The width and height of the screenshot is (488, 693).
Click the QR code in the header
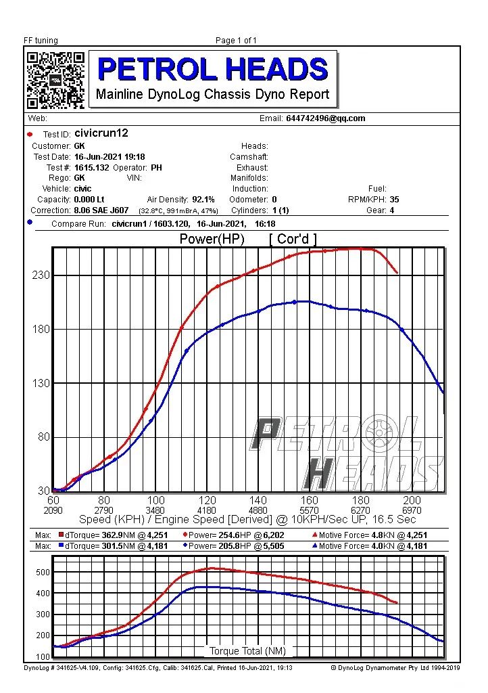tap(55, 80)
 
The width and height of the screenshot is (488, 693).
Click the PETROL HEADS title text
tap(213, 69)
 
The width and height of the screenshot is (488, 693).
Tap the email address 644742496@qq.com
tap(325, 118)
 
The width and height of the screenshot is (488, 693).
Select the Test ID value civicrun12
tap(101, 133)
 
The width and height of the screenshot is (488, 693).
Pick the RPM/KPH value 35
tap(395, 200)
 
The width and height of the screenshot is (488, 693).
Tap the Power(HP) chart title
tap(212, 239)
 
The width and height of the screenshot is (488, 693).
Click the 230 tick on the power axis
tap(41, 275)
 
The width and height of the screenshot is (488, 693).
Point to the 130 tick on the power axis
tap(41, 383)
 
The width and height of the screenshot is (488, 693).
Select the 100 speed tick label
tap(156, 500)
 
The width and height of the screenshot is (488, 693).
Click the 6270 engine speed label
tap(361, 510)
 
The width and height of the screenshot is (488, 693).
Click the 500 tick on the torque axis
tap(43, 573)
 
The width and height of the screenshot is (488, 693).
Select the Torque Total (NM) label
tap(247, 651)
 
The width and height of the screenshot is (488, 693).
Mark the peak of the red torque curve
tap(212, 568)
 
